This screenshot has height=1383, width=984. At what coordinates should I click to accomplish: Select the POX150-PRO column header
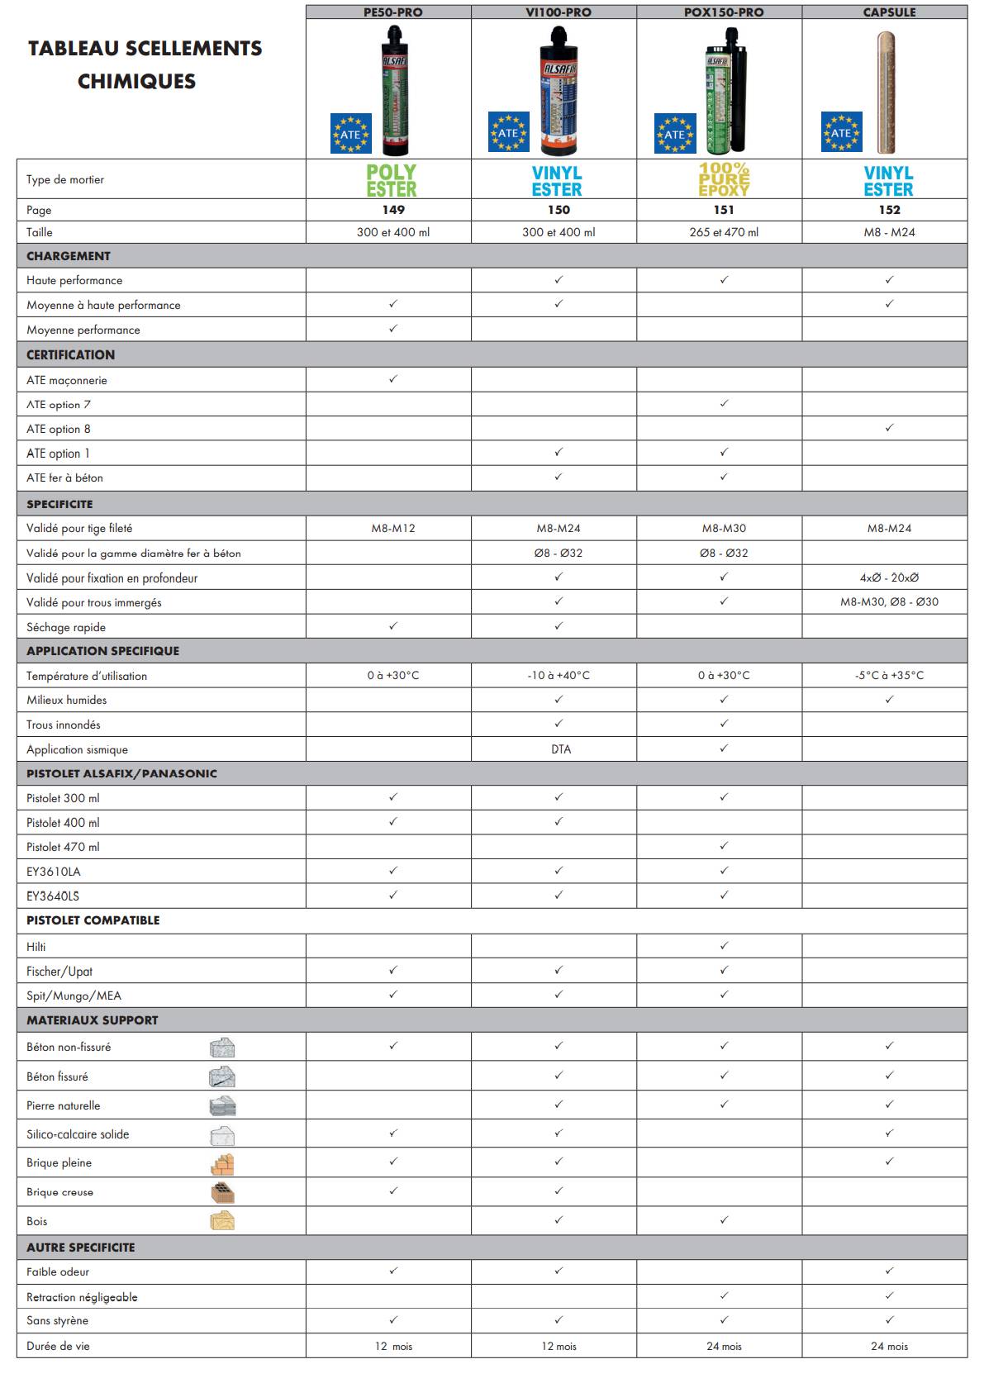pos(724,12)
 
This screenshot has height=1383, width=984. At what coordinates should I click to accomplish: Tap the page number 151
pos(724,210)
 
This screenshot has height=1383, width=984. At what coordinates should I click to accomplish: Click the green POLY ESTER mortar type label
pos(392,180)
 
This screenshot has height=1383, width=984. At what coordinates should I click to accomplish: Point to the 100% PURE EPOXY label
pos(724,179)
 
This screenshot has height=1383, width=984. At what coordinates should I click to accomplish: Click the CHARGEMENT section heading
pos(69,256)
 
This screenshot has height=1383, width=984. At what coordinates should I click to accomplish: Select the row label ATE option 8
pos(59,429)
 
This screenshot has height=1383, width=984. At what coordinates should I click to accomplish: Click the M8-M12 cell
pos(393,528)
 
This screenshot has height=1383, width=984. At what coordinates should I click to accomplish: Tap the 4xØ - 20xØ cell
pos(889,577)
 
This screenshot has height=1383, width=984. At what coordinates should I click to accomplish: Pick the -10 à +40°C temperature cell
pos(559,675)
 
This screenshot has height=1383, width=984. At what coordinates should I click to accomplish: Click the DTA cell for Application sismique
pos(561,749)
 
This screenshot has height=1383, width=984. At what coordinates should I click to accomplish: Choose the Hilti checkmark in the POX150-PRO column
pos(724,945)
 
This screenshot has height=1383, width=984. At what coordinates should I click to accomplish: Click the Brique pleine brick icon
pos(221,1164)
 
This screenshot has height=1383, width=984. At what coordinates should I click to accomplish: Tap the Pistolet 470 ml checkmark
pos(724,846)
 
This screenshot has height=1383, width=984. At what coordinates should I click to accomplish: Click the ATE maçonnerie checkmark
pos(393,379)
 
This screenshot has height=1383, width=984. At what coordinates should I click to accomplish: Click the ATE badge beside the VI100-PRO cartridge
pos(508,132)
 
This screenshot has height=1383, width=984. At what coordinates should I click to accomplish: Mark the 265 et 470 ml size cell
pos(724,232)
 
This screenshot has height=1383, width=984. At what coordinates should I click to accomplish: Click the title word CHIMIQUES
pos(136,81)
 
